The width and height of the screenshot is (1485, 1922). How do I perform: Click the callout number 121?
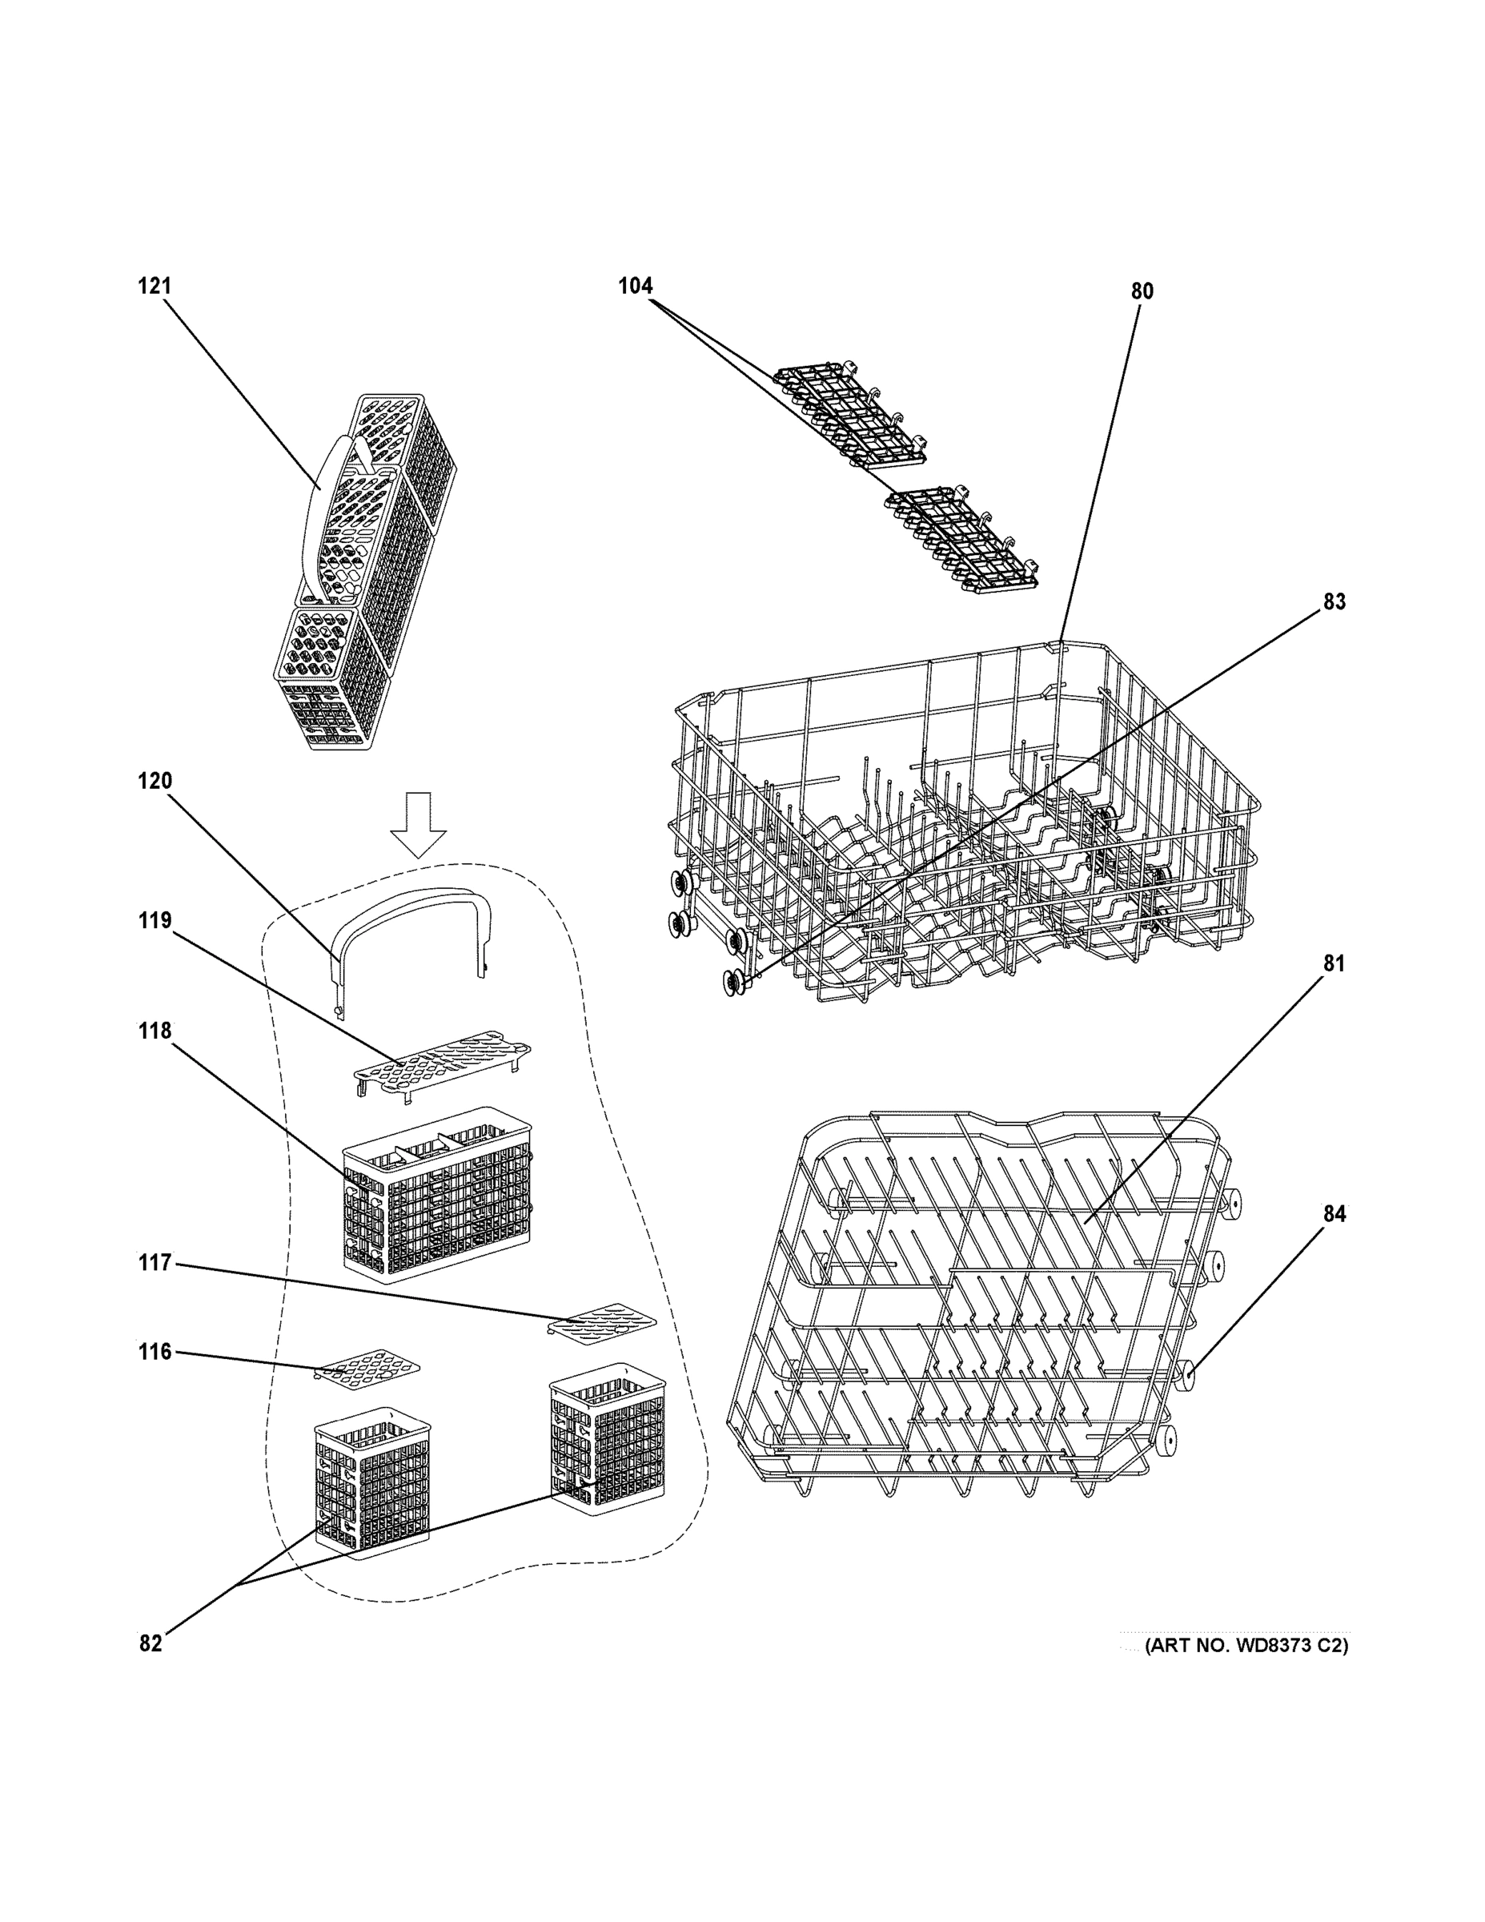click(154, 286)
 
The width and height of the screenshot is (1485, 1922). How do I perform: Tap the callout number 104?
click(635, 286)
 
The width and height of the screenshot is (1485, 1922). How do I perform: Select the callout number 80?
click(1141, 292)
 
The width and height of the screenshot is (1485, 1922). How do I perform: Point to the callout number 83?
click(1334, 602)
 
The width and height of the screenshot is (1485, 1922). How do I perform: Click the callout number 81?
click(1334, 963)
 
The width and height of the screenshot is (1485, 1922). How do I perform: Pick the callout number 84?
click(1334, 1213)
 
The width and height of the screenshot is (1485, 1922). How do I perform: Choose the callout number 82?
click(151, 1644)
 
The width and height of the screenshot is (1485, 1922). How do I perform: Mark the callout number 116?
click(154, 1352)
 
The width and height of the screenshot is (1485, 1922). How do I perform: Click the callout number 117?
click(154, 1263)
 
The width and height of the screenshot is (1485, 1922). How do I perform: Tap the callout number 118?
click(154, 1031)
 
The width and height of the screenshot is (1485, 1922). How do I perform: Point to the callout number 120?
click(154, 781)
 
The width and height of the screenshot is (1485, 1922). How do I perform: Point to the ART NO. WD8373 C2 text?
click(1246, 1646)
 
